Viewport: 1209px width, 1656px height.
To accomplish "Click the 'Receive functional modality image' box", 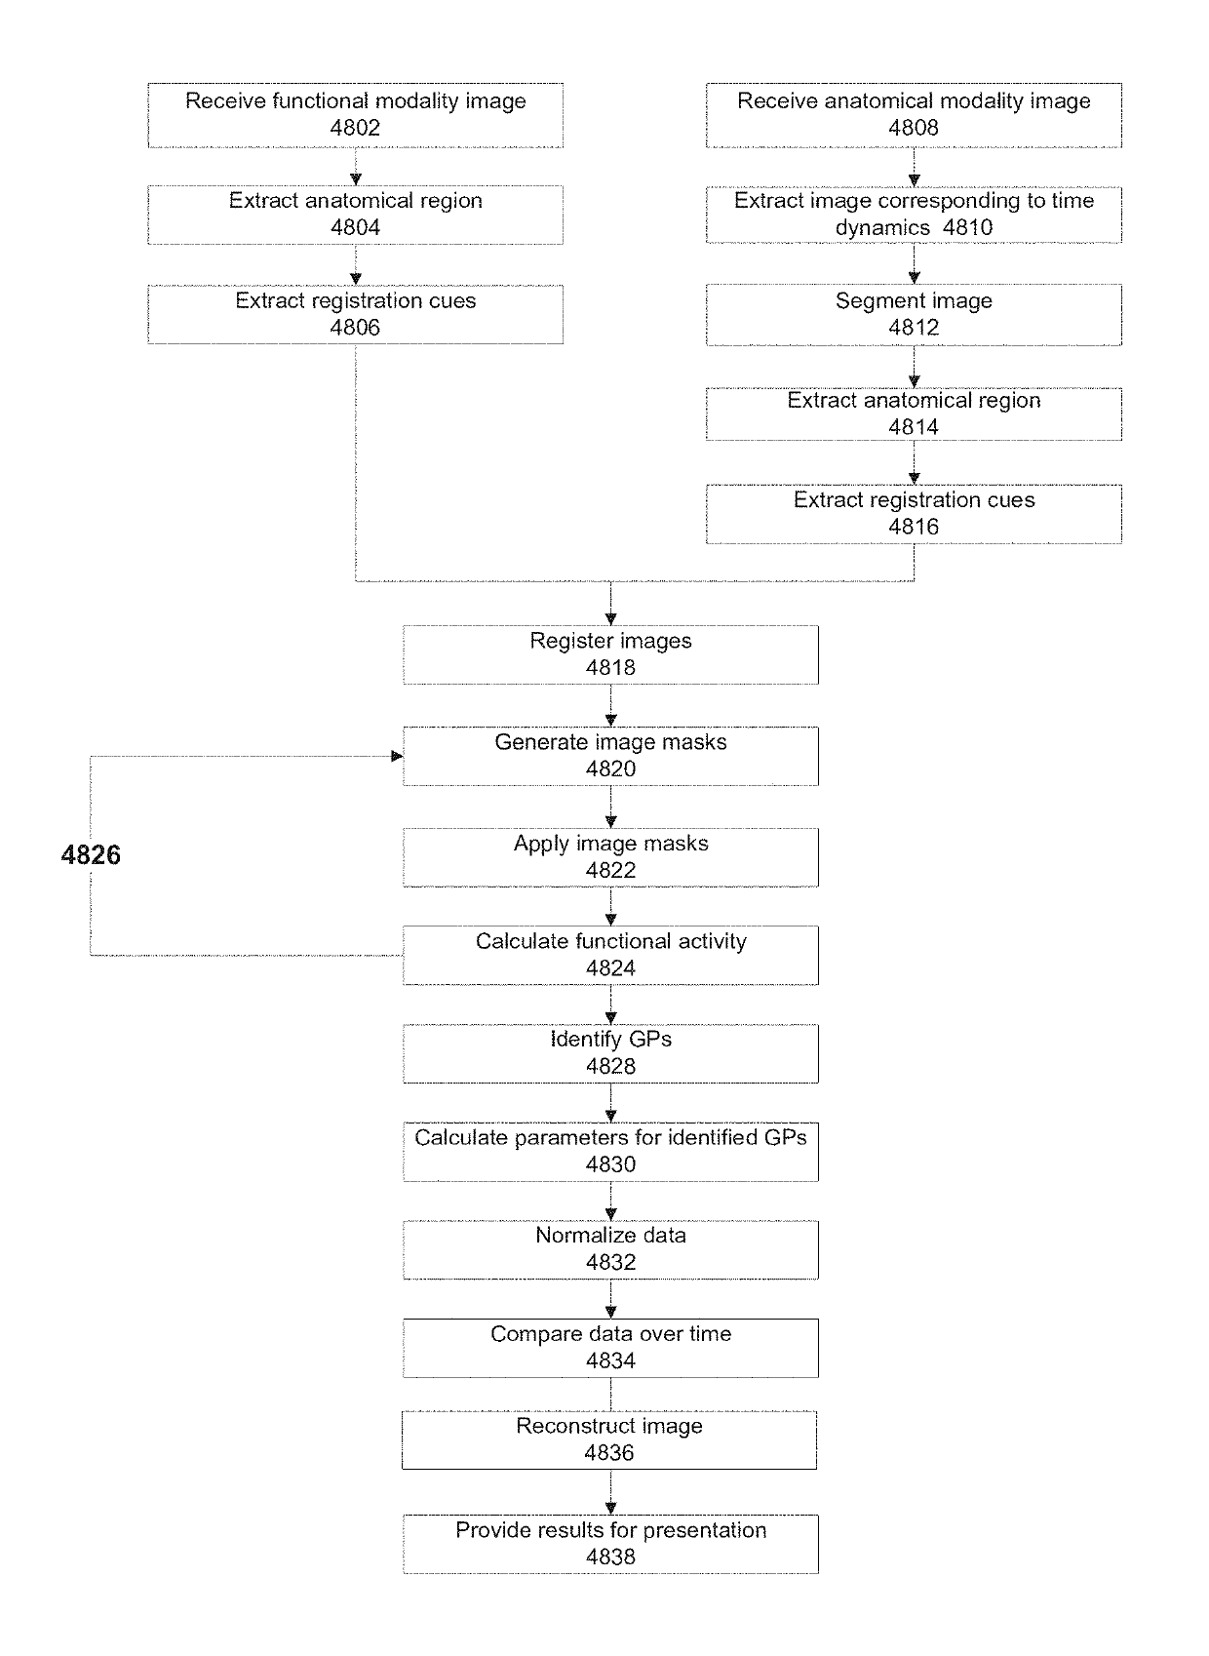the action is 355,115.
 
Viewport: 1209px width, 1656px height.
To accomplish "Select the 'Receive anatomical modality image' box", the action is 914,115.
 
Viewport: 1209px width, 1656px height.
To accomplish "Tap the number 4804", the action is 355,227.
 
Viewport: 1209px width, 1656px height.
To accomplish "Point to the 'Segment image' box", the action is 914,315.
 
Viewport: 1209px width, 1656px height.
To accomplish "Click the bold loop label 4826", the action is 90,854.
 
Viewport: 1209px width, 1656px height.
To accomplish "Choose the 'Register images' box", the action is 610,655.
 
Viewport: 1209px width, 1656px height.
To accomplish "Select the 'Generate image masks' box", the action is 610,756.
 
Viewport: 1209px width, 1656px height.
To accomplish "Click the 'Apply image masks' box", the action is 610,857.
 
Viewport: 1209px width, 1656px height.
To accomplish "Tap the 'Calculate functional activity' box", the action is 610,955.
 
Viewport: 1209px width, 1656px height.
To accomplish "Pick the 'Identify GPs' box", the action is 610,1053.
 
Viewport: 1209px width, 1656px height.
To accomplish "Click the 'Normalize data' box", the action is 610,1249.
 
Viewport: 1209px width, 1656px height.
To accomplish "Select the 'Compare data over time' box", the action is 610,1348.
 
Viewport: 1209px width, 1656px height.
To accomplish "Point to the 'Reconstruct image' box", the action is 609,1440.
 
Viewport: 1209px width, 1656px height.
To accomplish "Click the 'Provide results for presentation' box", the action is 610,1544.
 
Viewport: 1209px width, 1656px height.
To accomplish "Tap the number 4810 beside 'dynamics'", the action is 968,227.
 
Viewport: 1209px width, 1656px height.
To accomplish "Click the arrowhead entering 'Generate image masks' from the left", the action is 397,756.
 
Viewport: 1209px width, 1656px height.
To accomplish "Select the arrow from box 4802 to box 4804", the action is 356,167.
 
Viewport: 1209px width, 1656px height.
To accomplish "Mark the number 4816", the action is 914,527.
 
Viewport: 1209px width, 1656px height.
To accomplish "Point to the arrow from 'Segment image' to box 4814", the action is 915,367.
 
